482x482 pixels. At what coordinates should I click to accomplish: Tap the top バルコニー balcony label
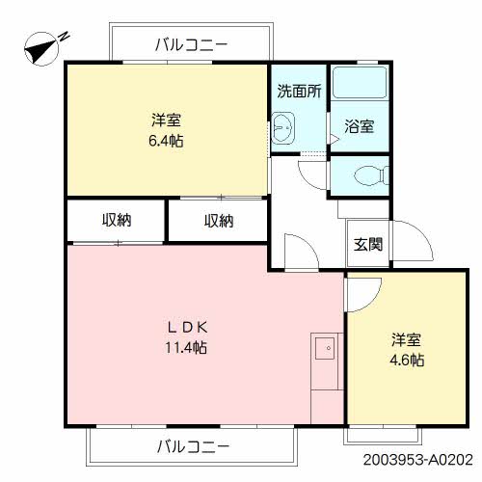pyautogui.click(x=190, y=43)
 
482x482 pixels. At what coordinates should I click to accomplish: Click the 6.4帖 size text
pyautogui.click(x=166, y=141)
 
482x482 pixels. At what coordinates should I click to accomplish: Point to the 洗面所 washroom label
pyautogui.click(x=299, y=93)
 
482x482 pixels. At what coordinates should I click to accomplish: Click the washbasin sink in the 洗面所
pyautogui.click(x=284, y=126)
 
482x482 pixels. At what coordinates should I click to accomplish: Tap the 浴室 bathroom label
pyautogui.click(x=360, y=126)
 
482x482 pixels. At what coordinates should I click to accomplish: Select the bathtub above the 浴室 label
pyautogui.click(x=359, y=84)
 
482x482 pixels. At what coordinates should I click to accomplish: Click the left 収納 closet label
pyautogui.click(x=117, y=221)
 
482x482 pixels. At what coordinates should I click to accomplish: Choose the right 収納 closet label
pyautogui.click(x=218, y=221)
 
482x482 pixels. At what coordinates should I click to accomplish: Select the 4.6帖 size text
pyautogui.click(x=407, y=361)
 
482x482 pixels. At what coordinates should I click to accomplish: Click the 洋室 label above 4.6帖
pyautogui.click(x=407, y=340)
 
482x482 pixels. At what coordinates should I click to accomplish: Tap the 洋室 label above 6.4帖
pyautogui.click(x=166, y=120)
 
